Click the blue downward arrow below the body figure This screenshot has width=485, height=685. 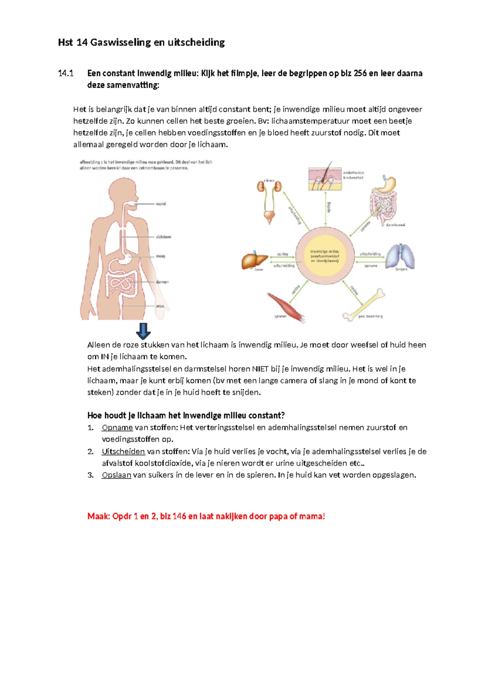click(143, 331)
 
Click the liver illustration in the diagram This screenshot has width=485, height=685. click(254, 261)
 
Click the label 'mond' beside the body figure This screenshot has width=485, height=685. click(161, 204)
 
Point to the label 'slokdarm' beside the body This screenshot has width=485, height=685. click(164, 237)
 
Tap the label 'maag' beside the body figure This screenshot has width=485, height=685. click(161, 256)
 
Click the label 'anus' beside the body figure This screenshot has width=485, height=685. click(160, 306)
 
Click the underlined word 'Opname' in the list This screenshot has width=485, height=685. click(117, 427)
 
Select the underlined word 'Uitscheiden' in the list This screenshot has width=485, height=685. click(123, 451)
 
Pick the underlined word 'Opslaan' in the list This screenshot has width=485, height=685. click(116, 475)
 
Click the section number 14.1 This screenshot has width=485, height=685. click(66, 73)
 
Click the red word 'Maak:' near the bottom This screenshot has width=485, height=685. click(99, 516)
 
